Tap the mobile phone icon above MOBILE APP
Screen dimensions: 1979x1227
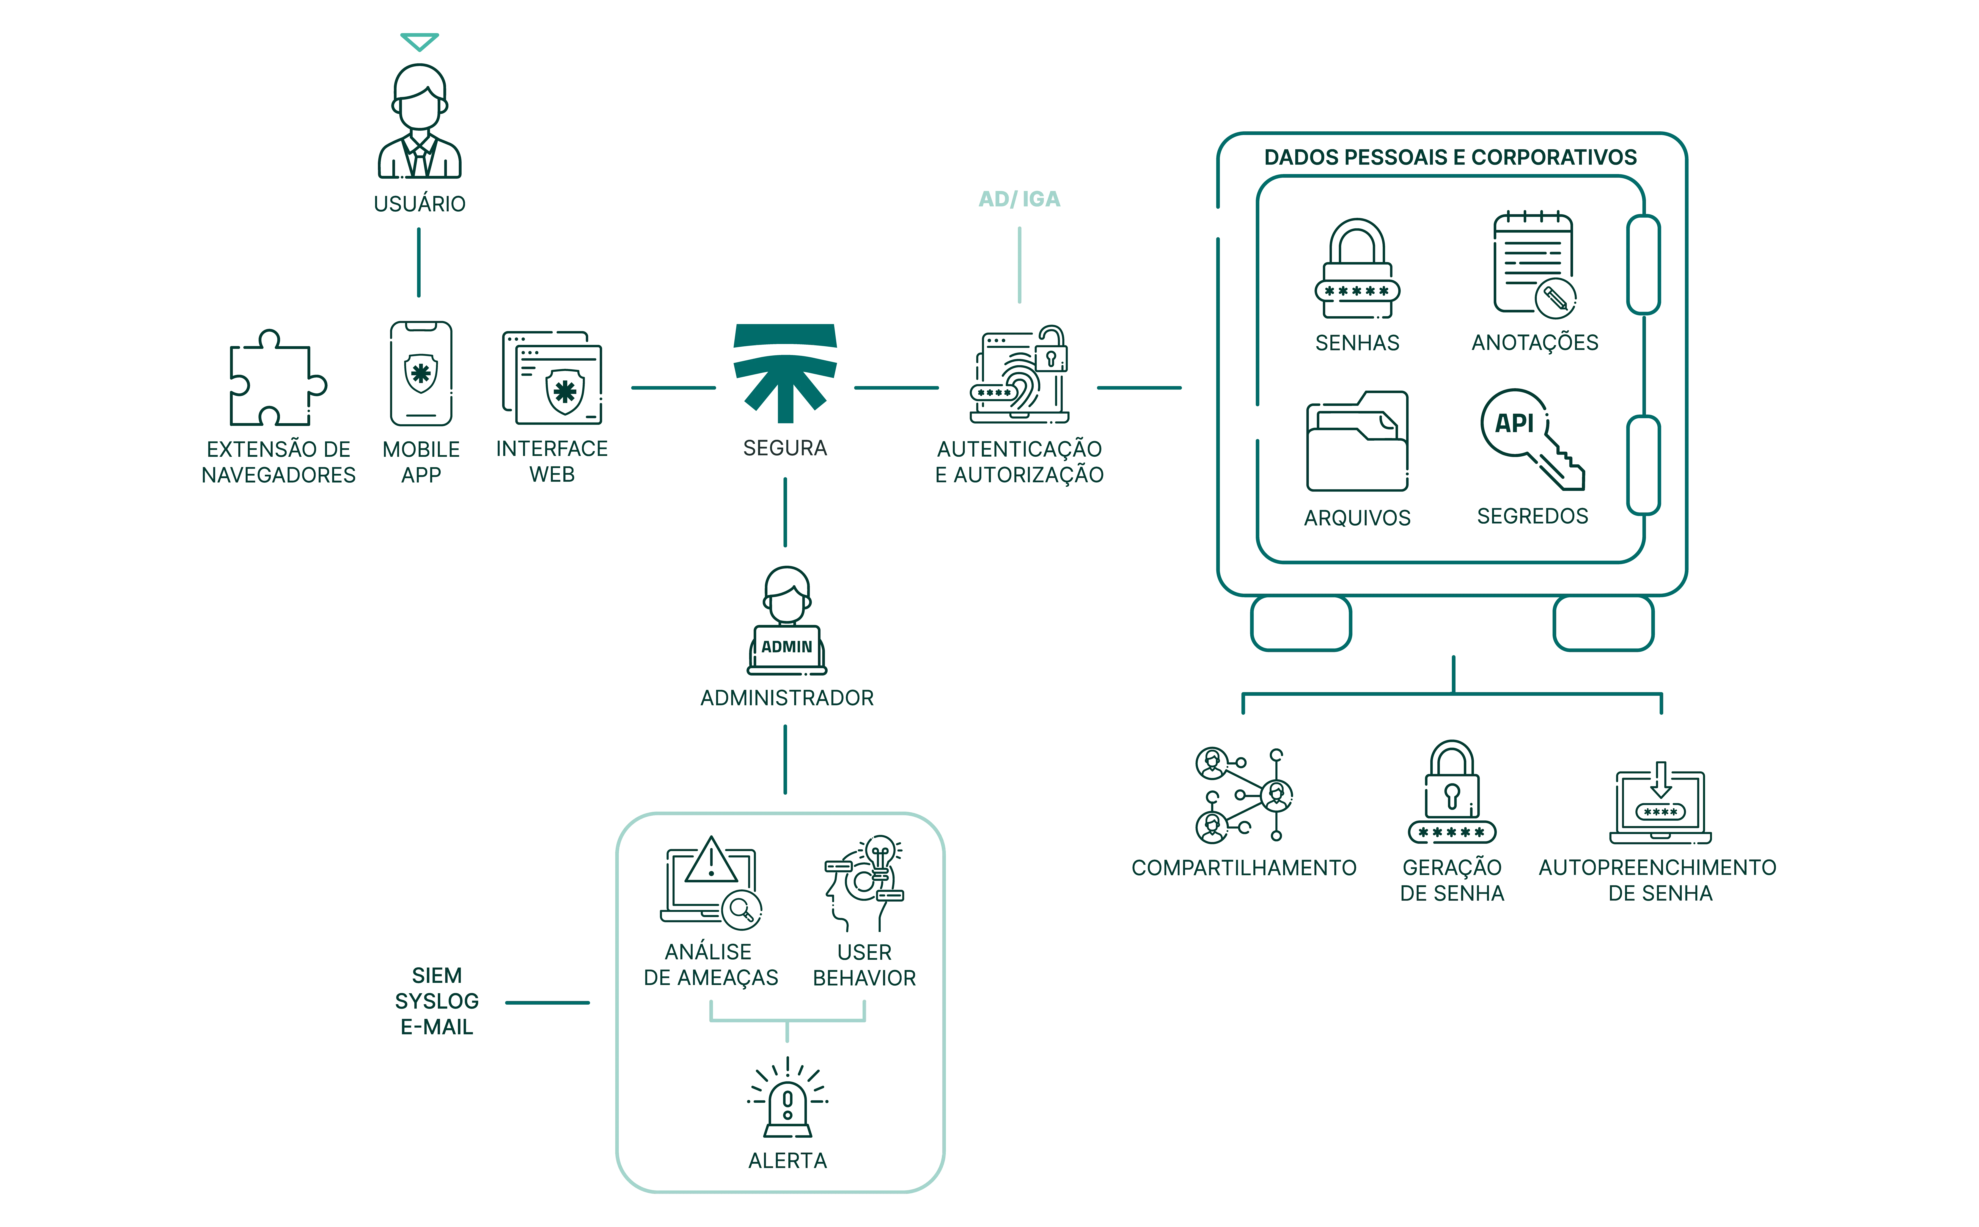tap(420, 373)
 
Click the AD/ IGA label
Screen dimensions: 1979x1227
tap(1019, 199)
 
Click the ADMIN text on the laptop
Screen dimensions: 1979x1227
tap(786, 647)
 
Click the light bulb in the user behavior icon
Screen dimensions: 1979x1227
tap(880, 854)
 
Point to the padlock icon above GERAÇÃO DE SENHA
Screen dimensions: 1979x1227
tap(1452, 791)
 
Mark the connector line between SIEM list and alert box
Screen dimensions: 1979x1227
tap(548, 1003)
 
